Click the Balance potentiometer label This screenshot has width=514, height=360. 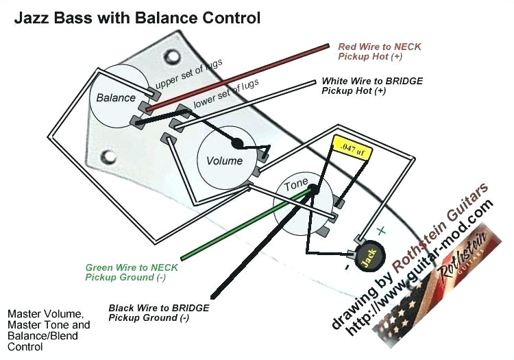(116, 97)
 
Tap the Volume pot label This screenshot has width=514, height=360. (224, 160)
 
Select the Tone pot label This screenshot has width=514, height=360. (296, 184)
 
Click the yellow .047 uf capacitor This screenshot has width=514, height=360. (351, 147)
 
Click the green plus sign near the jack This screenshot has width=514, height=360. (382, 231)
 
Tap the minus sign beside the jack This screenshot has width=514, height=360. (348, 264)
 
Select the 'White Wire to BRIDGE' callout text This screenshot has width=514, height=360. (372, 86)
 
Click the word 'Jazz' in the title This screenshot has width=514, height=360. (31, 18)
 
